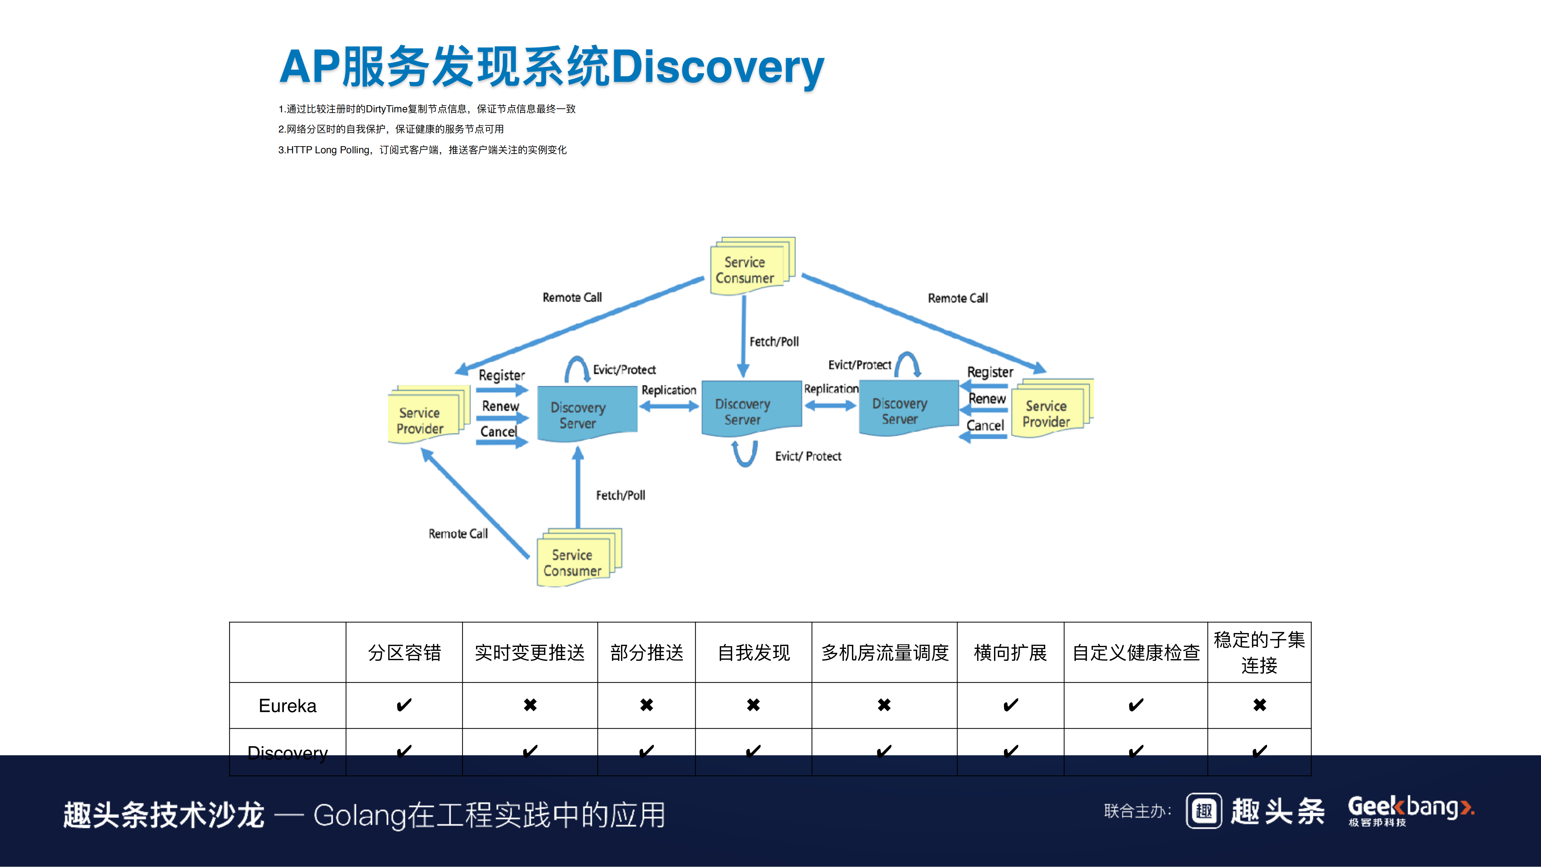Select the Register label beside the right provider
click(990, 372)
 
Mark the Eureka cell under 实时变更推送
click(530, 706)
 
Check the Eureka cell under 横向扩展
click(1010, 706)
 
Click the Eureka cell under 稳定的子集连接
click(1259, 706)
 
